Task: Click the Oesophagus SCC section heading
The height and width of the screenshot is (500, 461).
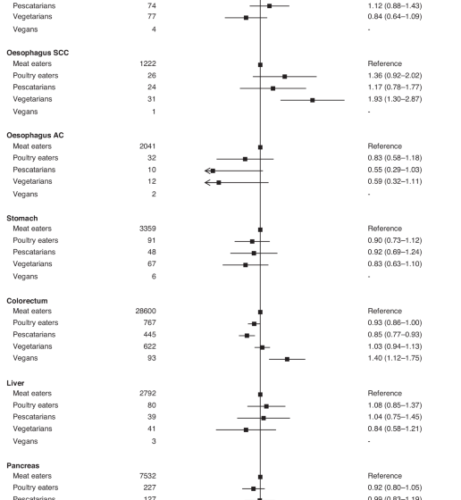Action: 38,53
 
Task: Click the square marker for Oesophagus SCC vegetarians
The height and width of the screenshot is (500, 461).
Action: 312,100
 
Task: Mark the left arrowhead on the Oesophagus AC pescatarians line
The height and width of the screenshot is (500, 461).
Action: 208,171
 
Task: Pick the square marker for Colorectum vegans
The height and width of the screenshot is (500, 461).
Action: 287,358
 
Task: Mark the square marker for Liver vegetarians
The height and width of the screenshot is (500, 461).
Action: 246,429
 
